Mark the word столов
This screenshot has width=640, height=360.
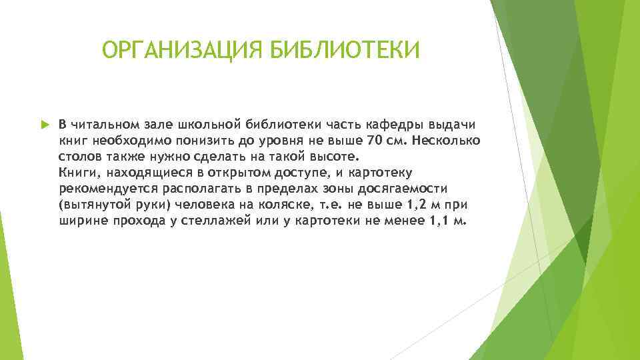point(79,157)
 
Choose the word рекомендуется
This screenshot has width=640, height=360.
point(100,189)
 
